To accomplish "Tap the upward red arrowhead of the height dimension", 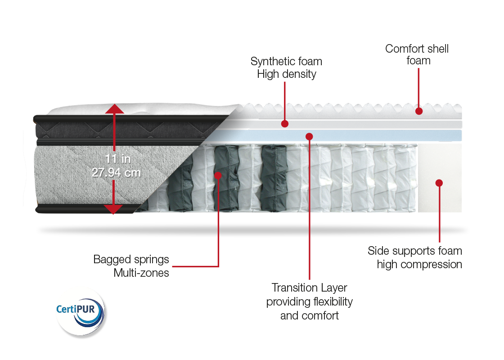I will (x=115, y=109).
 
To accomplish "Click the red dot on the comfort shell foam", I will (x=419, y=111).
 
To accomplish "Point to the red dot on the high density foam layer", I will (x=284, y=123).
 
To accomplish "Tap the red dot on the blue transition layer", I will (x=309, y=135).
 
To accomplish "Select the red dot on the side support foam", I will (x=439, y=183).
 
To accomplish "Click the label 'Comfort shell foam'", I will (x=417, y=54).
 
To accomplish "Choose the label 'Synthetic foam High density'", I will (x=287, y=67).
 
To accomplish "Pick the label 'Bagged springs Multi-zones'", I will (x=131, y=266).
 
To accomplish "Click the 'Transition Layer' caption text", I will (x=310, y=288).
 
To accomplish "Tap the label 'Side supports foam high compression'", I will (x=415, y=257).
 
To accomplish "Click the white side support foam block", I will (x=439, y=198).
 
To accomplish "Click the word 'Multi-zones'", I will (x=141, y=273).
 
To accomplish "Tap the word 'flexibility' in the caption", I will (x=331, y=301).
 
